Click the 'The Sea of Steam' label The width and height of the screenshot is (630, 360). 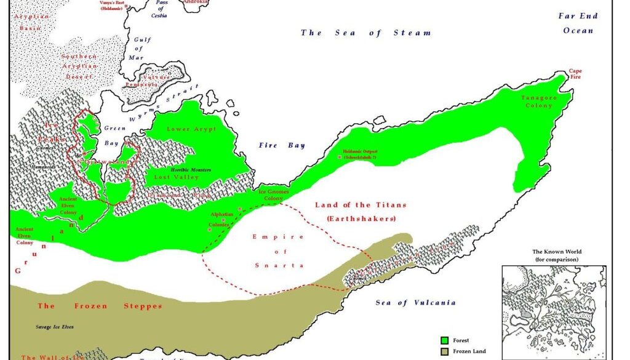click(365, 33)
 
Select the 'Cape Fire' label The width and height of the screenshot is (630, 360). click(575, 74)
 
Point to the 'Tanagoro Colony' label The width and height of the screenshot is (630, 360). click(536, 102)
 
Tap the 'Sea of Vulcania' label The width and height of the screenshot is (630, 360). click(416, 302)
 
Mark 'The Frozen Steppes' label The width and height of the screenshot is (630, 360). click(100, 306)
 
